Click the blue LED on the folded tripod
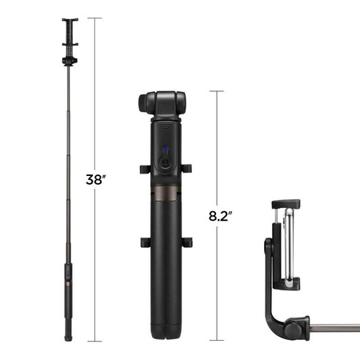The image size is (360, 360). [166, 150]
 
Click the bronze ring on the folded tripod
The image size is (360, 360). [165, 197]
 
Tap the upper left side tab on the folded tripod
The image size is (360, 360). [142, 170]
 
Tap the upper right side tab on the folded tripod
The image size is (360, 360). [188, 170]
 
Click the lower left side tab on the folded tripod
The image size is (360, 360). [142, 242]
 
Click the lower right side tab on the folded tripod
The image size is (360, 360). [189, 242]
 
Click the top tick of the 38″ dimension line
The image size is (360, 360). [97, 18]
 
